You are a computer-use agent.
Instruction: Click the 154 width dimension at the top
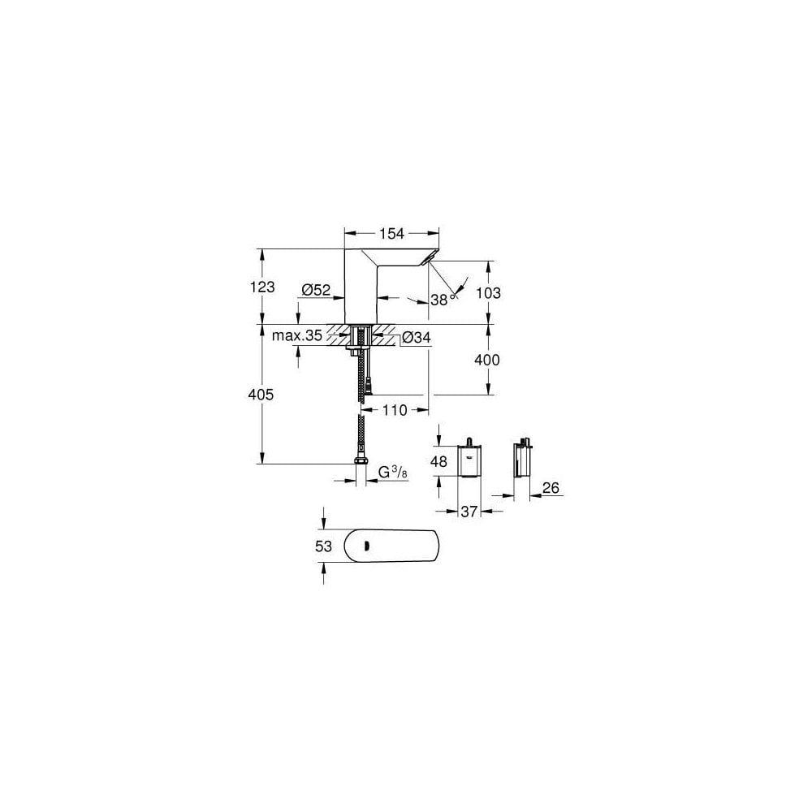click(x=392, y=234)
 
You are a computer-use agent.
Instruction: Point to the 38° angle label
click(x=441, y=299)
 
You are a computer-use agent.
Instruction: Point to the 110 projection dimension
click(x=394, y=410)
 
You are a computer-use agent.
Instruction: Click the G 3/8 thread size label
click(x=393, y=471)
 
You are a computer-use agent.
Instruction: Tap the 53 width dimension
click(x=324, y=546)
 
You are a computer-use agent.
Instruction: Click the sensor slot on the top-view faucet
click(x=367, y=546)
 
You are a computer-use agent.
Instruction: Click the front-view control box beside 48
click(x=469, y=461)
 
